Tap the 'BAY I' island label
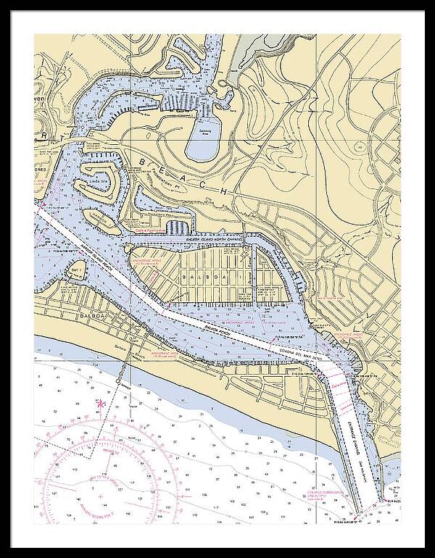(x=75, y=270)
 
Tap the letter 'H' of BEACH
(x=227, y=191)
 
